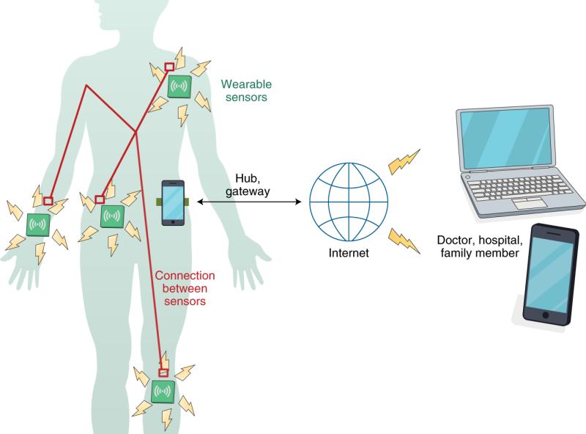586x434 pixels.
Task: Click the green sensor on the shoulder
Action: pyautogui.click(x=179, y=87)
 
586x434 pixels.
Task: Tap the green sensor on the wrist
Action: pyautogui.click(x=39, y=225)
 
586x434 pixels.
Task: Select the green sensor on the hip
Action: pyautogui.click(x=113, y=216)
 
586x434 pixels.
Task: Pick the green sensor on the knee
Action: pyautogui.click(x=163, y=391)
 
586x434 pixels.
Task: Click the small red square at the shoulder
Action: pyautogui.click(x=169, y=67)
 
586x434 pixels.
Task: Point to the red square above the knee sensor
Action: pyautogui.click(x=163, y=372)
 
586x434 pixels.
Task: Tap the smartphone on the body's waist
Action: pyautogui.click(x=173, y=203)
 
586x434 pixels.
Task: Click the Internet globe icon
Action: pyautogui.click(x=349, y=202)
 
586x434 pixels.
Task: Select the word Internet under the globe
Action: pyautogui.click(x=349, y=253)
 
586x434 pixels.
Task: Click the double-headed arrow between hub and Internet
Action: pyautogui.click(x=249, y=202)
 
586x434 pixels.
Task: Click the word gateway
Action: pyautogui.click(x=248, y=191)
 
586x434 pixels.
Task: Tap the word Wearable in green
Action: pyautogui.click(x=246, y=84)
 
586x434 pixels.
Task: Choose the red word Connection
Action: pyautogui.click(x=185, y=276)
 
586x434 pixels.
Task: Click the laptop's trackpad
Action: pyautogui.click(x=530, y=204)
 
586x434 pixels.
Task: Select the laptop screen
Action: pyautogui.click(x=505, y=138)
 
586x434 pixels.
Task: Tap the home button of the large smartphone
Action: pyautogui.click(x=545, y=315)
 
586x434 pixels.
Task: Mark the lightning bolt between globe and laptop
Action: pyautogui.click(x=404, y=161)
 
